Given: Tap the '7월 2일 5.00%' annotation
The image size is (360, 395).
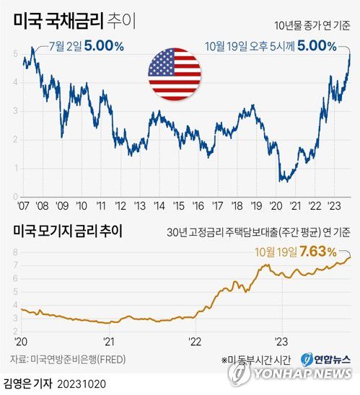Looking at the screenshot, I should [87, 46].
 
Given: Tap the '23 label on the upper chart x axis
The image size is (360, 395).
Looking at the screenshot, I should [335, 204].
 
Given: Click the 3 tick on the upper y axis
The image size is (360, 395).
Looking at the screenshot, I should [15, 111].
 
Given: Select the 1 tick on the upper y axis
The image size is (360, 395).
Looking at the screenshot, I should [15, 167].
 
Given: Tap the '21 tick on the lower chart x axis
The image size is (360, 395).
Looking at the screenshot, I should [109, 341].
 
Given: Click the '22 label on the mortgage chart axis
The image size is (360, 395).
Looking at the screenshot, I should [195, 341].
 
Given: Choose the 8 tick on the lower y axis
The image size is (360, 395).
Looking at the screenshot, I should [15, 251].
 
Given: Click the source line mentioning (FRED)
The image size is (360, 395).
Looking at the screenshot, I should [71, 359].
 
